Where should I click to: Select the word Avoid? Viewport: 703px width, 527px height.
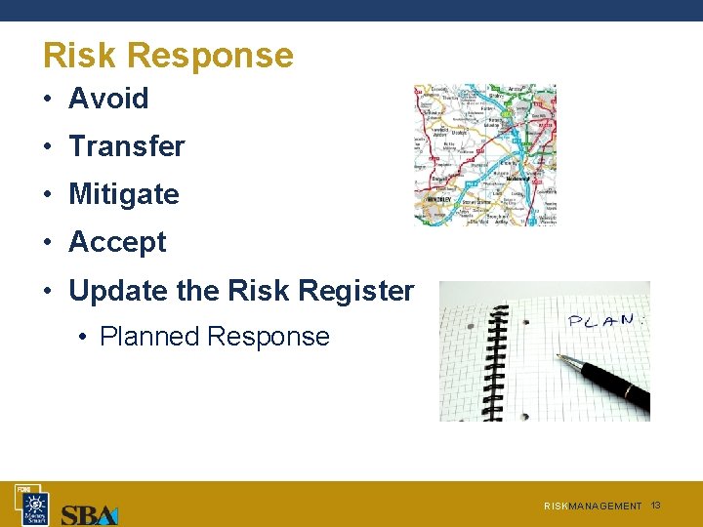coord(108,99)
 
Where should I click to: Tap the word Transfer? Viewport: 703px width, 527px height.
coord(126,146)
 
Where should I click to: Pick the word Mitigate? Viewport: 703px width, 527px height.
coord(124,194)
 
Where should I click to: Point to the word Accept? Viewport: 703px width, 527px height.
coord(117,242)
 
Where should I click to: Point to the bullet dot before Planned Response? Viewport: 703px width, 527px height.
coord(84,338)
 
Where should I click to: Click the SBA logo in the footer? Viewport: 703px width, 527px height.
coord(89,513)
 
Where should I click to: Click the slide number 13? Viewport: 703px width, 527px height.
coord(656,505)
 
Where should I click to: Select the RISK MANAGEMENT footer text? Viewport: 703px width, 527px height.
coord(593,507)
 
